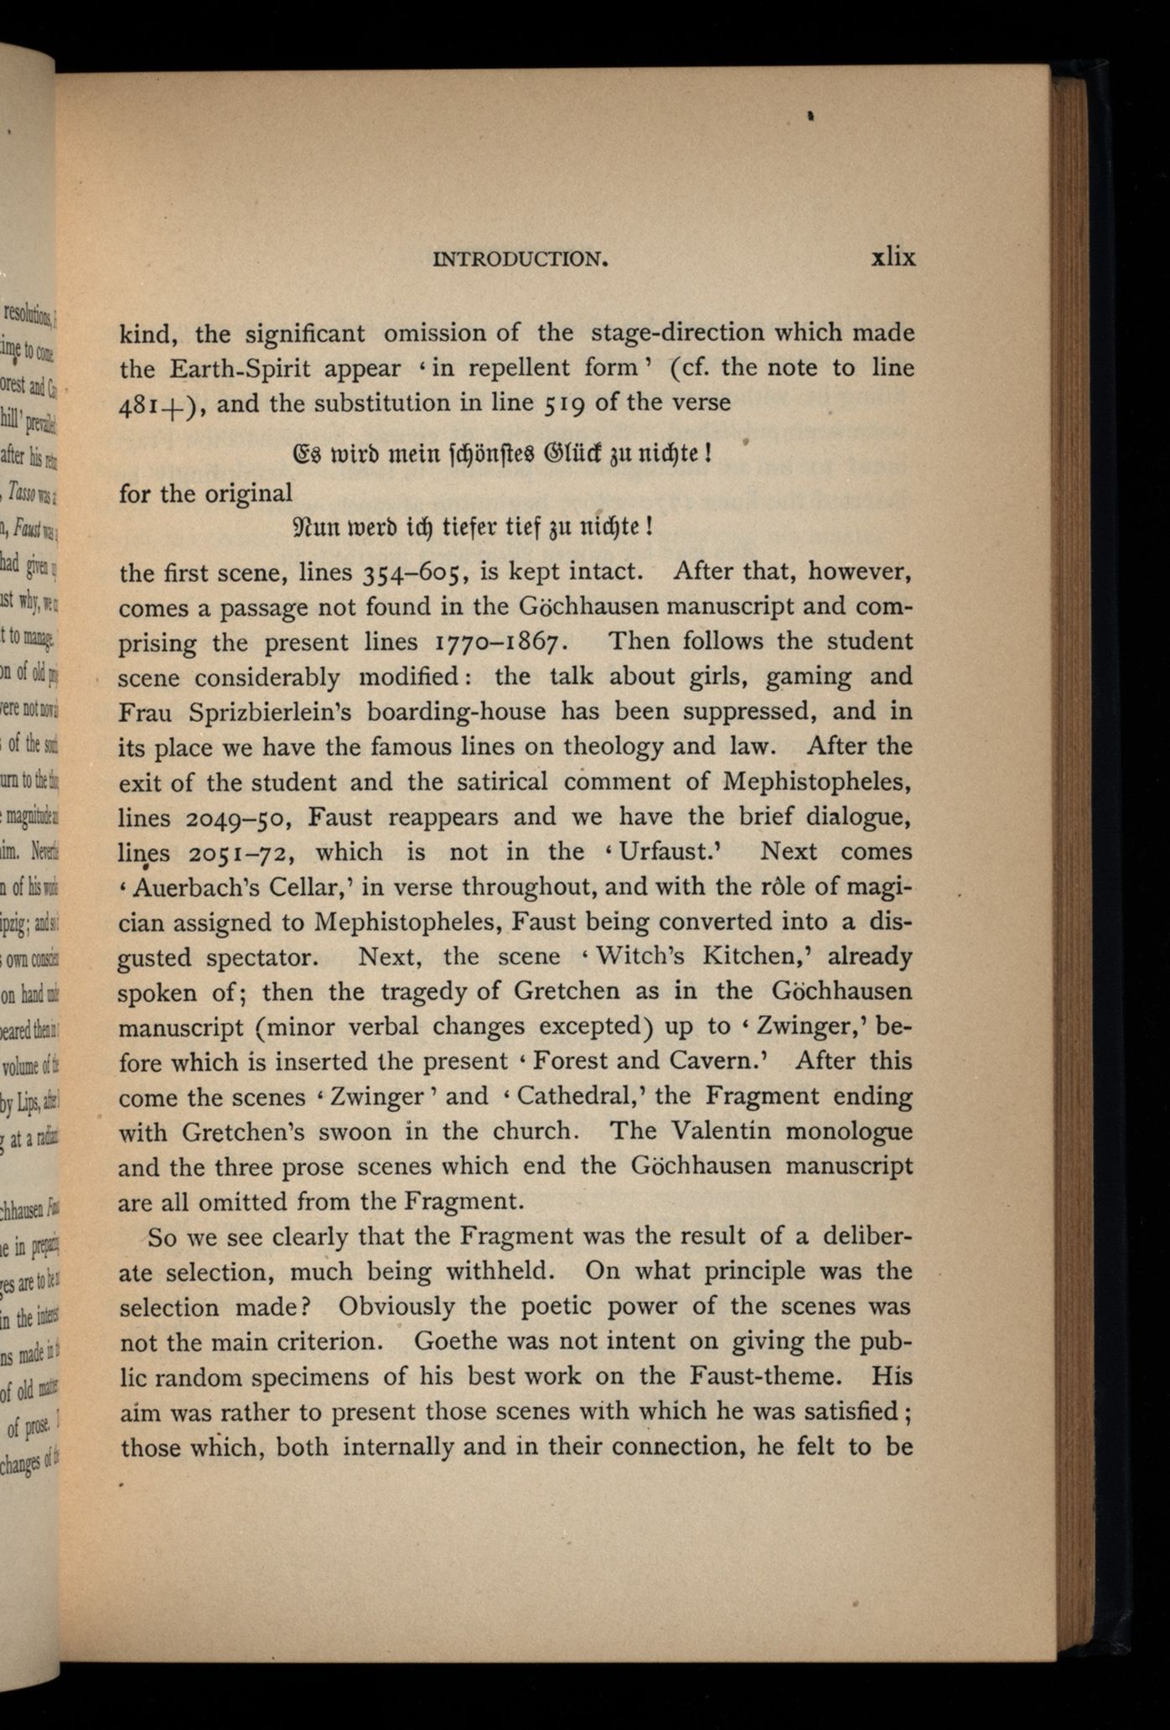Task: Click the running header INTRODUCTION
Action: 520,259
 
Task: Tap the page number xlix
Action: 893,257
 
